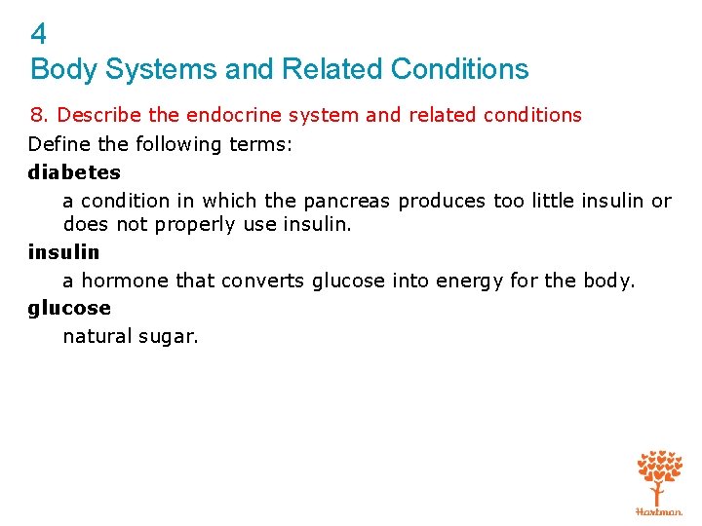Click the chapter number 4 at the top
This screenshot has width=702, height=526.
(x=39, y=35)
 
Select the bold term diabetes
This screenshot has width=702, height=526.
(x=74, y=172)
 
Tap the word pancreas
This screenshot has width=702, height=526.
(x=346, y=202)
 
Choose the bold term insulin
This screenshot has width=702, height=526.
(x=64, y=252)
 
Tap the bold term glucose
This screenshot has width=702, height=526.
(x=69, y=308)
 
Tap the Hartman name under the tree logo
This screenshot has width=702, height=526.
(x=659, y=510)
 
